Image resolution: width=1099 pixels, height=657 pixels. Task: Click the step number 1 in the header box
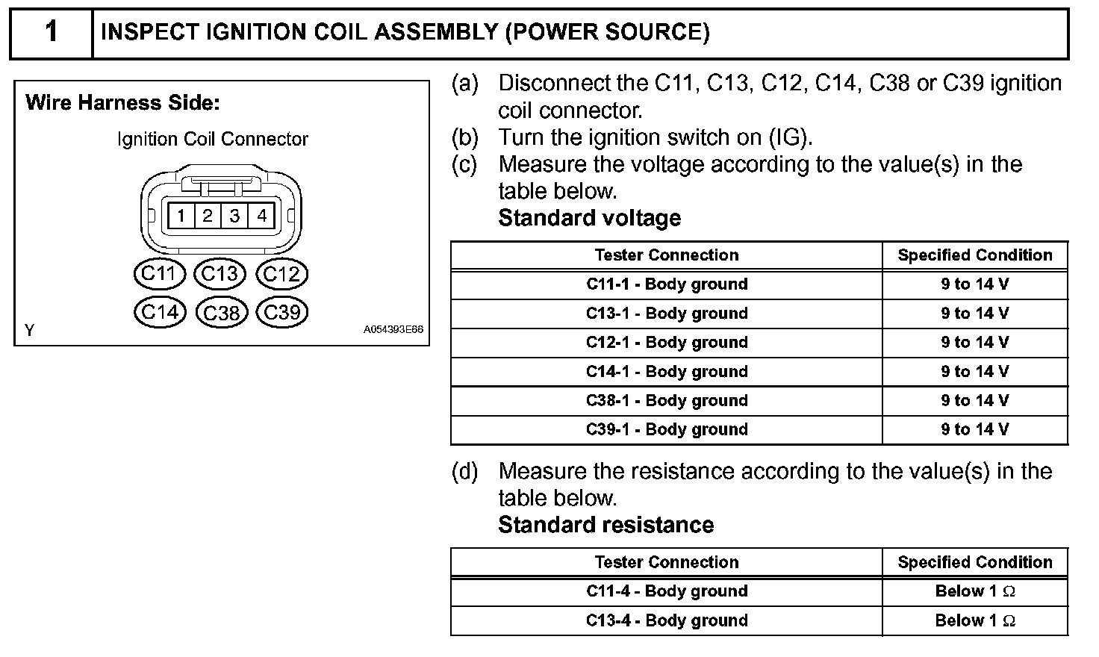(x=51, y=32)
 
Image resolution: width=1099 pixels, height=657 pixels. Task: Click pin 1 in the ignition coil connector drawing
(x=181, y=217)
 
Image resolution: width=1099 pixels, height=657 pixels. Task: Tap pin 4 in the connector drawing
(x=261, y=217)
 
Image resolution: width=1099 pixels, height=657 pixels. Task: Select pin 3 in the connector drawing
(x=234, y=217)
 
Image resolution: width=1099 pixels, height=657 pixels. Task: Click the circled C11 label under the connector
(x=158, y=274)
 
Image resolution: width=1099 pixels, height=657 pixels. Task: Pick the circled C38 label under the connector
(x=221, y=312)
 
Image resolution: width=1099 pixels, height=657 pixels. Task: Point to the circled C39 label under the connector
(x=281, y=312)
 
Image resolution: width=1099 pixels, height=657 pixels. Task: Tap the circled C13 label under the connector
(x=220, y=274)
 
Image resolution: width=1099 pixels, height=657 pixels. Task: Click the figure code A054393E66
(x=393, y=329)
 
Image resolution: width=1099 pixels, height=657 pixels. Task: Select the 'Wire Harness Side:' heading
(x=123, y=102)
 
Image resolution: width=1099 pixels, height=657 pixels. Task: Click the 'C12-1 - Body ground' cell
(x=667, y=343)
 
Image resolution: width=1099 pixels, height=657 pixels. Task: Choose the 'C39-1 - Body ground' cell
(x=667, y=430)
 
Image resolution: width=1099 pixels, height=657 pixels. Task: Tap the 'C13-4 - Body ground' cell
(x=667, y=620)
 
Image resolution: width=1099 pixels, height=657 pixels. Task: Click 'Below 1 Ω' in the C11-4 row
(x=975, y=591)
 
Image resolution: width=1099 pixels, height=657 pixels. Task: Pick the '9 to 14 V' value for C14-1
(x=975, y=372)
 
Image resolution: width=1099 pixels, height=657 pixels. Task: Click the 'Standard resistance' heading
(x=605, y=525)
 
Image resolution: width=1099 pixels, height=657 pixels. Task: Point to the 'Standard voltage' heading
(x=589, y=218)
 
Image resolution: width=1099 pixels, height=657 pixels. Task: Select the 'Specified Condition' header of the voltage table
(x=975, y=255)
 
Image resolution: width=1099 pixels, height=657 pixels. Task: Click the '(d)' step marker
(x=464, y=471)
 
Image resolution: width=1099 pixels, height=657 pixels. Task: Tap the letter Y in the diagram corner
(x=29, y=330)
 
